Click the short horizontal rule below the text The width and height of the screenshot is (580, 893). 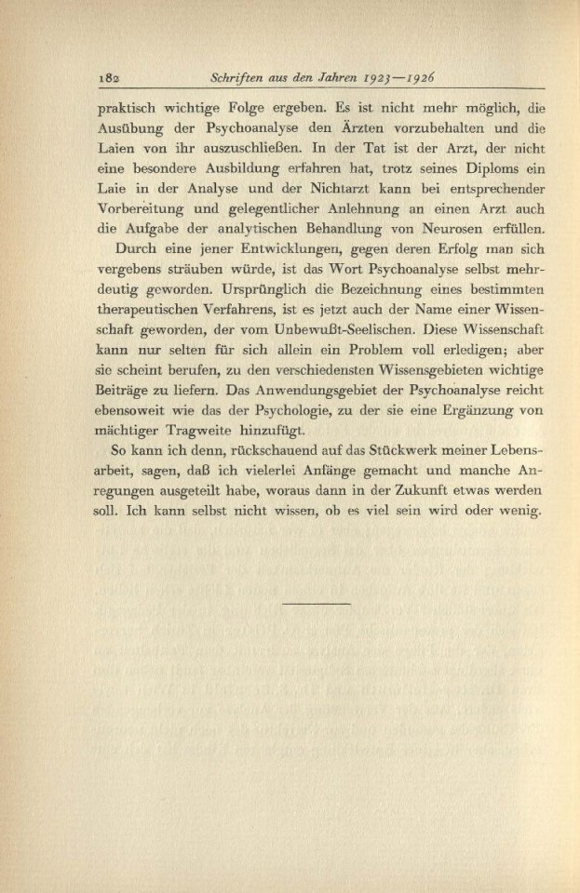(316, 605)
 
